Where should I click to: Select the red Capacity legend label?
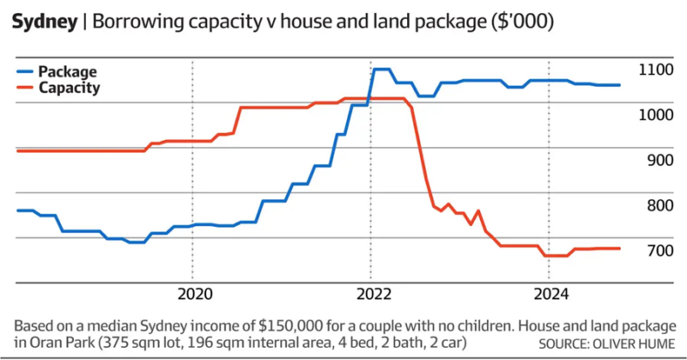[74, 88]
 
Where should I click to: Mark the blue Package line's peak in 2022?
[382, 69]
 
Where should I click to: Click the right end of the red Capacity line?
[620, 248]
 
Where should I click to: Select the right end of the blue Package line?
[620, 85]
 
